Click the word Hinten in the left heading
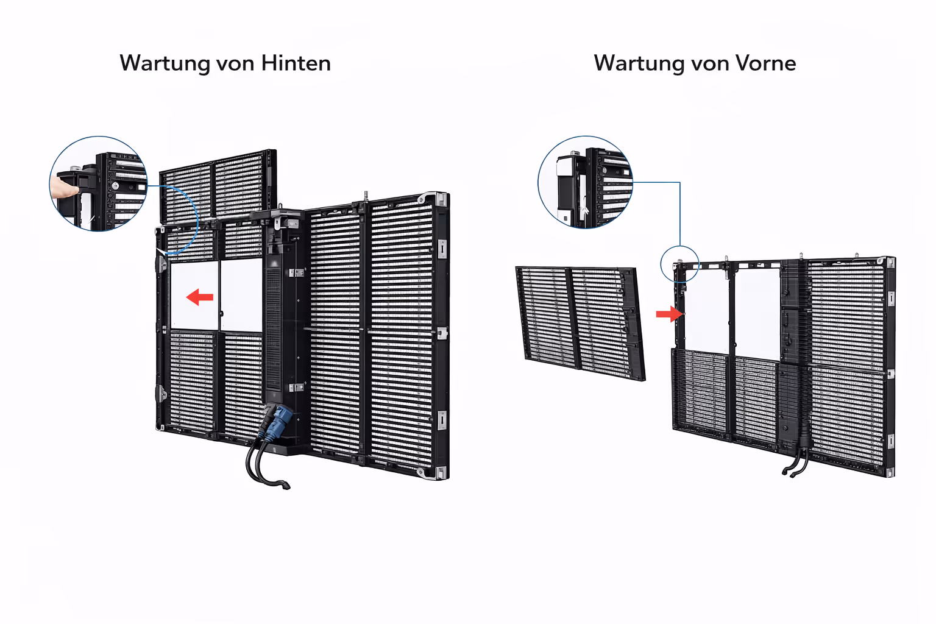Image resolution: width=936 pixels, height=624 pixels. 296,63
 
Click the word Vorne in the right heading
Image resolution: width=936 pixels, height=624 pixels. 765,63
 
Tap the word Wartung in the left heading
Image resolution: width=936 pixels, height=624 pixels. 165,64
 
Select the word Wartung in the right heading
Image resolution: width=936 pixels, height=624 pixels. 639,64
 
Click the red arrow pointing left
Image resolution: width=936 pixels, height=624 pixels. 200,297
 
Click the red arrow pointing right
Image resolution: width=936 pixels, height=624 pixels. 670,314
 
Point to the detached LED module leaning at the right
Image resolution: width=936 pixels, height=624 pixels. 581,324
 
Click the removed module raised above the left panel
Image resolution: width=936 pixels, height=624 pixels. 218,186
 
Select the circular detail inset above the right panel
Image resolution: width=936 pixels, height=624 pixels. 585,182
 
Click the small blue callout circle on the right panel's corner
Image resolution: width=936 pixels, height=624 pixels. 680,264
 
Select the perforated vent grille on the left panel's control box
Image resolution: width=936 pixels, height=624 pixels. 273,328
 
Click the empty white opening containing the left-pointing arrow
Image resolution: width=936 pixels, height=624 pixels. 194,296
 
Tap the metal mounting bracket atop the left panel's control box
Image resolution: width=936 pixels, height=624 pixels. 286,219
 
